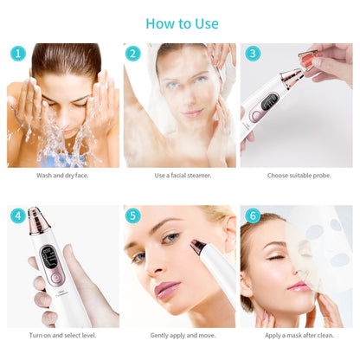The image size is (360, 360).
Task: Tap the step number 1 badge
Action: coord(17,54)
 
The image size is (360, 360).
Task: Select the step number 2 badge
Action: coord(132,54)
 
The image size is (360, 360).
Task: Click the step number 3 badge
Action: coord(252,54)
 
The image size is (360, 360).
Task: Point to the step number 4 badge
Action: coord(17,215)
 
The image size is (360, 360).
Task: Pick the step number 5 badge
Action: coord(132,215)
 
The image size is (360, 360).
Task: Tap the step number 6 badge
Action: coord(252,215)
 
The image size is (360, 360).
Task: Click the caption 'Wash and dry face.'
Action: coord(63,175)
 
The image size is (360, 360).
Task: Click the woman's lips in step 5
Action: coord(165,289)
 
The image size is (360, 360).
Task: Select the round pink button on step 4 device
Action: coord(55,280)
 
